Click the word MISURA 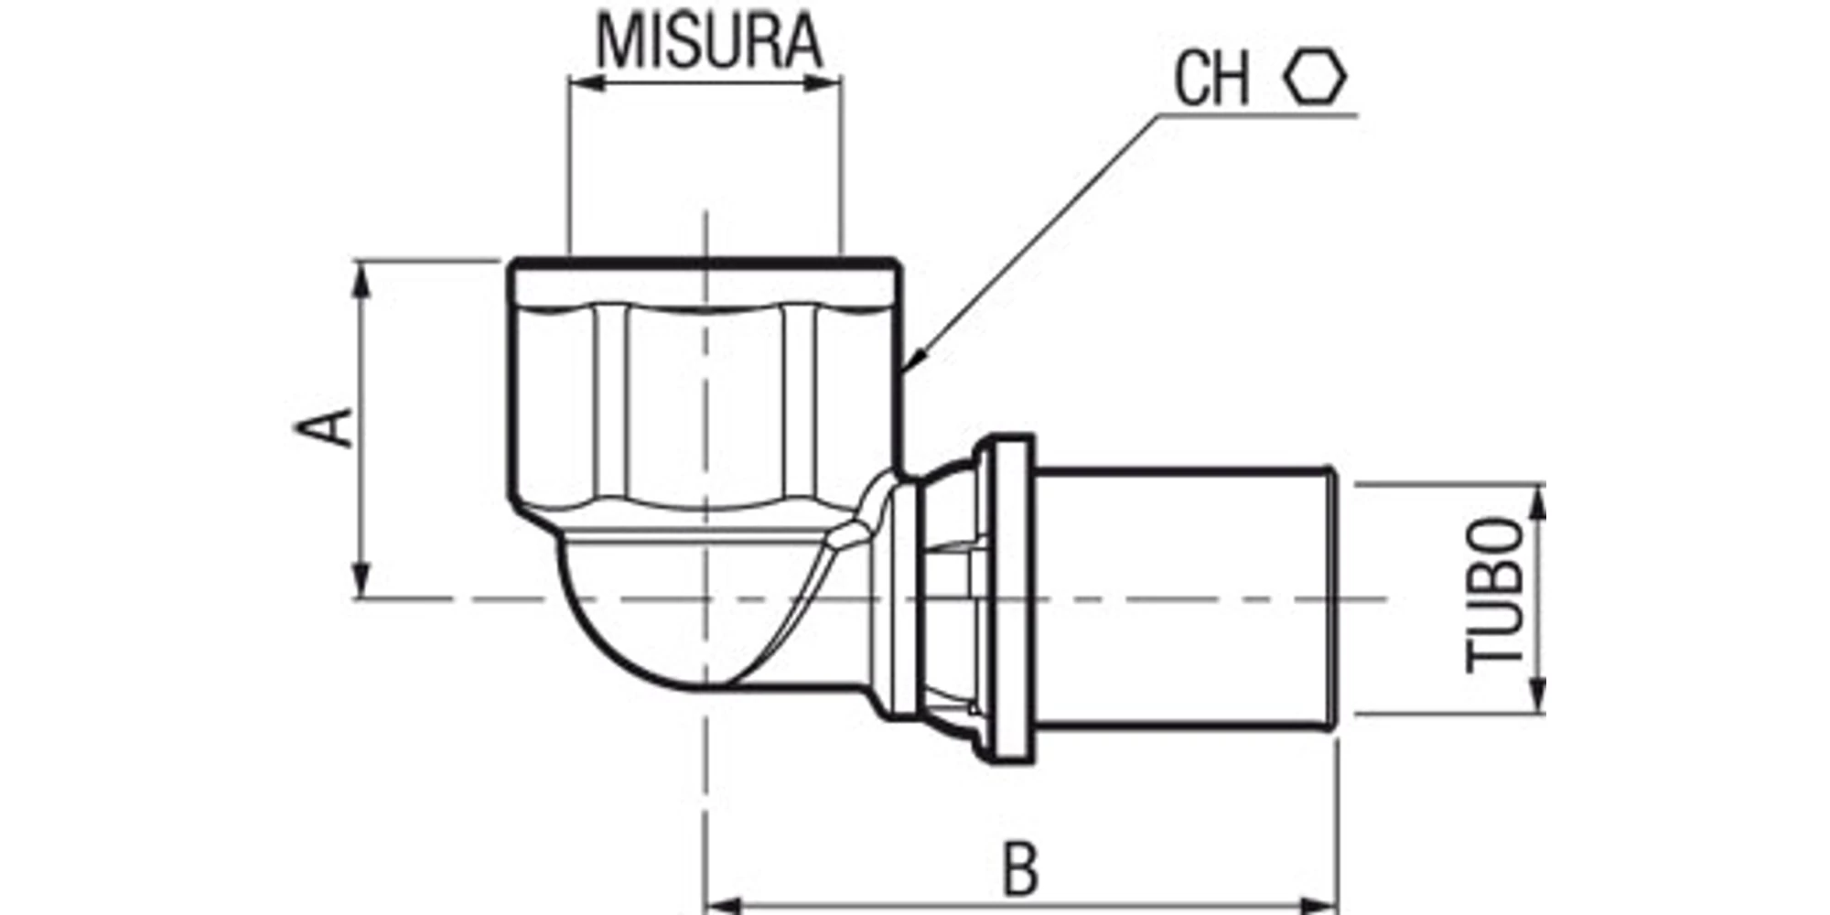pyautogui.click(x=710, y=41)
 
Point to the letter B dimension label pyautogui.click(x=1021, y=869)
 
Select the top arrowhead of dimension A pyautogui.click(x=363, y=282)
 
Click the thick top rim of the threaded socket pyautogui.click(x=704, y=264)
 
